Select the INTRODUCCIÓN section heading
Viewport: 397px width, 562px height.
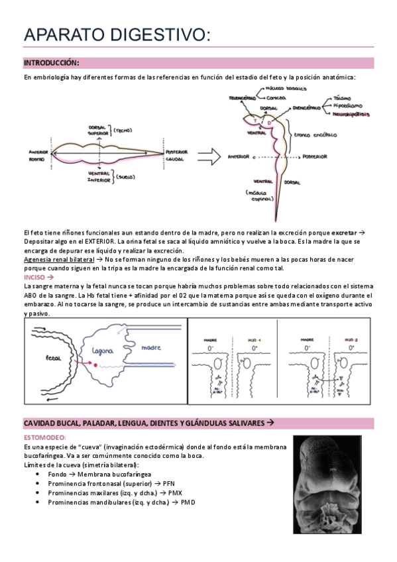[x=51, y=63]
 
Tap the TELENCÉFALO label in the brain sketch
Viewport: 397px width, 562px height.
[x=243, y=95]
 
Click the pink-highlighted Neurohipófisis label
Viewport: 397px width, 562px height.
[x=351, y=114]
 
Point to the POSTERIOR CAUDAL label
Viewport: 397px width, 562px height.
[x=176, y=156]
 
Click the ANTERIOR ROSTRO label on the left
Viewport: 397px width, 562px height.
[x=37, y=156]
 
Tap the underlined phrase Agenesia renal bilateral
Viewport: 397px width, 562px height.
[x=58, y=260]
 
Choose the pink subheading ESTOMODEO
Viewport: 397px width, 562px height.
[x=44, y=438]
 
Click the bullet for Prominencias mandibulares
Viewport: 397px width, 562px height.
[x=42, y=502]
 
